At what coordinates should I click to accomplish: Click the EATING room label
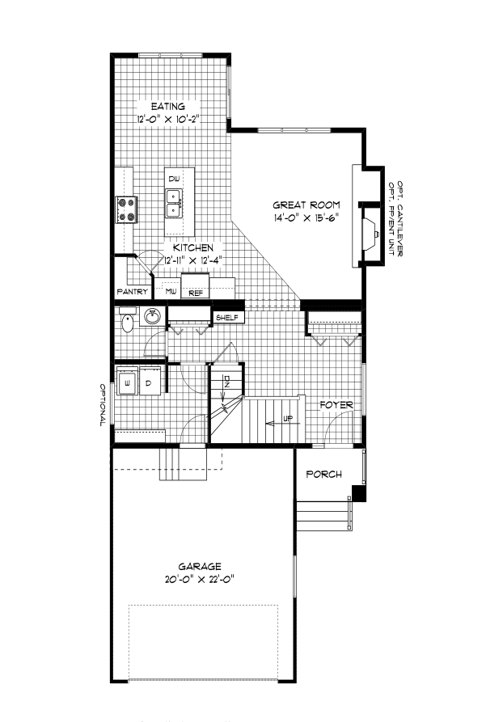coord(168,106)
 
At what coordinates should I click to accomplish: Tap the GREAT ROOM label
coord(306,205)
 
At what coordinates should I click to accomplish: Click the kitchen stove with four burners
coord(127,209)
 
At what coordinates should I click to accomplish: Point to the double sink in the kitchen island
coord(173,202)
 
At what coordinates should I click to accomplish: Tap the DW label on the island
coord(173,179)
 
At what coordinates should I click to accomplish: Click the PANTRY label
coord(132,291)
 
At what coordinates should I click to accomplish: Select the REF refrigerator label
coord(196,293)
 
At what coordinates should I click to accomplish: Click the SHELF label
coord(226,318)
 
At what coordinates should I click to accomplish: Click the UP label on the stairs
coord(287,420)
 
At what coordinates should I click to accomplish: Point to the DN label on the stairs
coord(227,382)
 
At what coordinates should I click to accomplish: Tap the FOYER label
coord(336,404)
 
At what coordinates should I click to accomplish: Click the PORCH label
coord(323,475)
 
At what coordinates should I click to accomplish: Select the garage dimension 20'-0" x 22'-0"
coord(201,580)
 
